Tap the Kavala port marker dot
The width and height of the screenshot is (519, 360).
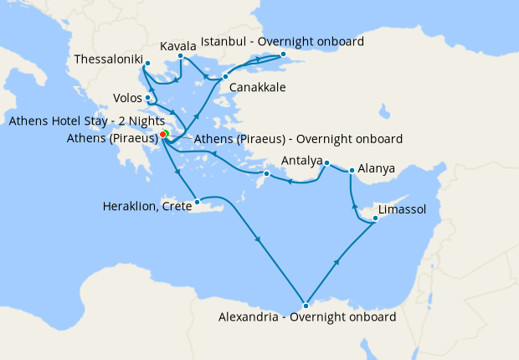(x=180, y=57)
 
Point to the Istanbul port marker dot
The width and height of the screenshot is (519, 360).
(x=283, y=55)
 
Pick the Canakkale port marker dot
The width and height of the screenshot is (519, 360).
(x=226, y=76)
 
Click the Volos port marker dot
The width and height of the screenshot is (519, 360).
(x=147, y=98)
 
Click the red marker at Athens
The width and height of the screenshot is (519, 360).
(x=162, y=134)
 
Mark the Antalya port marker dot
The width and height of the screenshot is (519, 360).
(x=326, y=162)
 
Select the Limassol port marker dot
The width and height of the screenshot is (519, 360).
(x=375, y=219)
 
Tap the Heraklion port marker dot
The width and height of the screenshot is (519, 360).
(x=197, y=202)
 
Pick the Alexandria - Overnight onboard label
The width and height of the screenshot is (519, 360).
(x=306, y=317)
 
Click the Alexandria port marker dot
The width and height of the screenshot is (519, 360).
(x=306, y=305)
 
